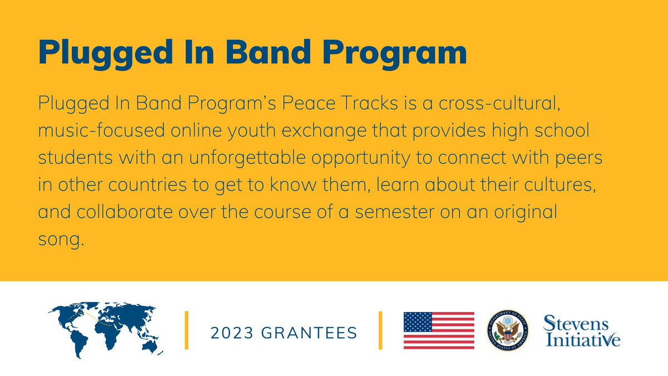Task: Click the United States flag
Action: (439, 330)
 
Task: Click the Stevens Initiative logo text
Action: (581, 331)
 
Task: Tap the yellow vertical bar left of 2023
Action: (186, 330)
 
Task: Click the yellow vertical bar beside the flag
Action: (381, 330)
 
